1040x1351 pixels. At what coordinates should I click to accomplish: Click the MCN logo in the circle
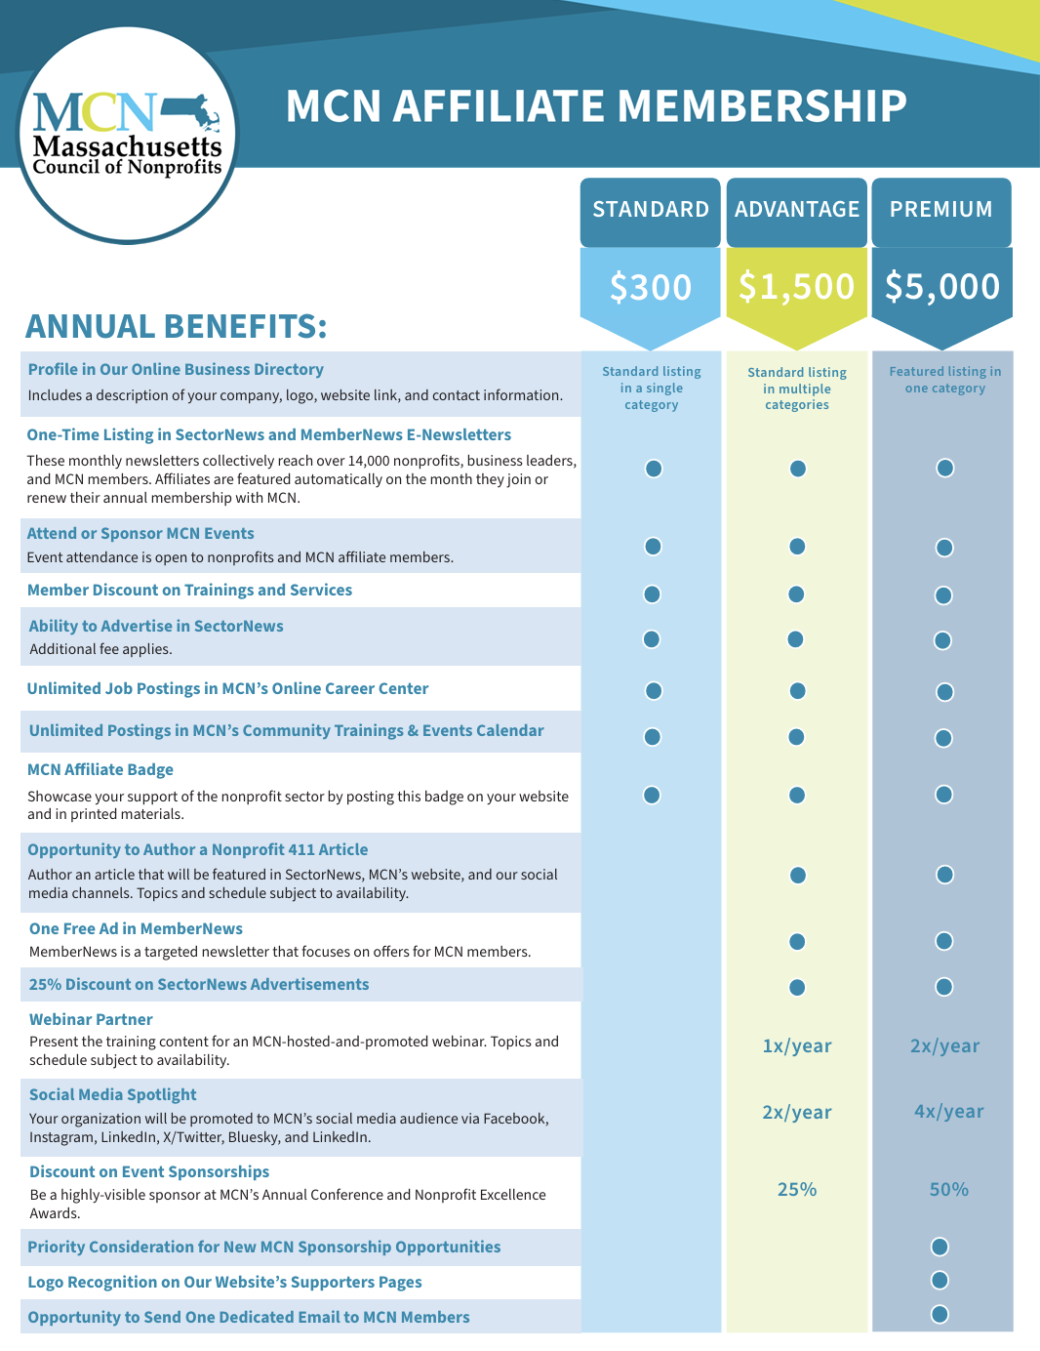pos(127,135)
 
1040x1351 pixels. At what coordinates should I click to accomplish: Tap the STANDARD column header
pos(651,210)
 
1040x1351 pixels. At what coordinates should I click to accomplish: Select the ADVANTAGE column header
pos(797,210)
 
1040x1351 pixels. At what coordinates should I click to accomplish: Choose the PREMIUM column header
pos(941,210)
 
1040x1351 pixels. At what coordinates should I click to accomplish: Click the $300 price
pos(651,287)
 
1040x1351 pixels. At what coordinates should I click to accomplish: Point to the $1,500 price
pos(797,286)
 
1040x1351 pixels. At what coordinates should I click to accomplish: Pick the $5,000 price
pos(942,286)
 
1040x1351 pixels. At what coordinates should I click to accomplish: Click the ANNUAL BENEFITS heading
pos(176,326)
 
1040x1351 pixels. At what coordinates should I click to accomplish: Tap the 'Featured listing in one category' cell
pos(944,380)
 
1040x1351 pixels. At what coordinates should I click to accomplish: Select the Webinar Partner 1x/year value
pos(797,1046)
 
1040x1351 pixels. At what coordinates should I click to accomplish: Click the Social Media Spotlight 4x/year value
pos(948,1112)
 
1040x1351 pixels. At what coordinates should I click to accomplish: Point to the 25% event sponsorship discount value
pos(797,1190)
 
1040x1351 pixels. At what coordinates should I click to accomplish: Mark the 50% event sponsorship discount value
pos(948,1190)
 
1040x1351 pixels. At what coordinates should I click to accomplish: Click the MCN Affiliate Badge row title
pos(100,770)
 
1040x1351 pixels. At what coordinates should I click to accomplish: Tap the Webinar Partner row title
pos(91,1020)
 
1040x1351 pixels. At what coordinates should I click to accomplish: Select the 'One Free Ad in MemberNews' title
pos(136,929)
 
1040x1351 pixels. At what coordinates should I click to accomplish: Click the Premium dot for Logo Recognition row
pos(940,1280)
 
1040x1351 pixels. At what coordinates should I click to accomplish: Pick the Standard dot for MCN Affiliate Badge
pos(652,795)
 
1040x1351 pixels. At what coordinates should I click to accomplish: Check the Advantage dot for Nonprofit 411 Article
pos(798,875)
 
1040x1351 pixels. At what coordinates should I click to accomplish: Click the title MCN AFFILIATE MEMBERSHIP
pos(596,106)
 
